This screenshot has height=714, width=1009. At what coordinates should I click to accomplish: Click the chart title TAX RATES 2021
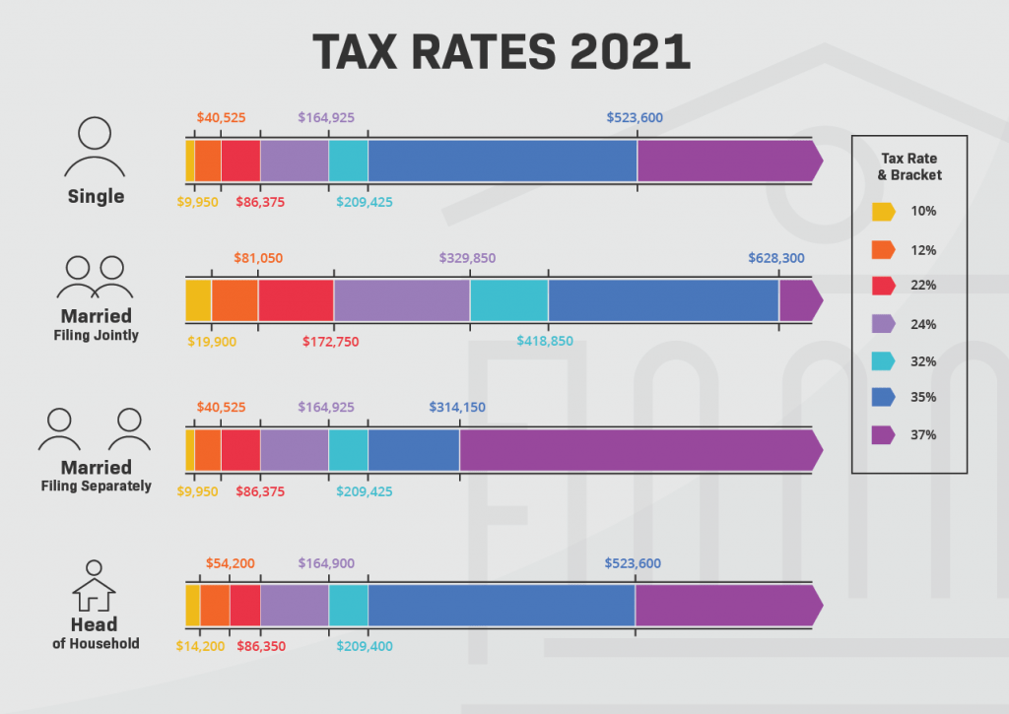502,52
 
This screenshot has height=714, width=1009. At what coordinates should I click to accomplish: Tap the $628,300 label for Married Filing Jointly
776,258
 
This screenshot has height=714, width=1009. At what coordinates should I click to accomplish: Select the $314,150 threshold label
457,407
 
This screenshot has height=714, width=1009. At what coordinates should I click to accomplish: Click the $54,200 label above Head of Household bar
231,563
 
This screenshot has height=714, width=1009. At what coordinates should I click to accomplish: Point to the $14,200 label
200,646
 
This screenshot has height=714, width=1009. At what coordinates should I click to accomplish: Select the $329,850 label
467,258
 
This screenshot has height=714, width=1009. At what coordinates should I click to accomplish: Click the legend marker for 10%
883,211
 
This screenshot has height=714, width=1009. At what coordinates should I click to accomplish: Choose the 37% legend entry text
923,434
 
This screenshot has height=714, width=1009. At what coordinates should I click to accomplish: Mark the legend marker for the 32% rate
883,360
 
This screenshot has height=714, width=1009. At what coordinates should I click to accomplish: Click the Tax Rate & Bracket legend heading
909,166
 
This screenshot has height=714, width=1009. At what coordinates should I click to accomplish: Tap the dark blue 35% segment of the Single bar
503,161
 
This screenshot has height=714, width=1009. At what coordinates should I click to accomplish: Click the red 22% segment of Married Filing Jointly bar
296,300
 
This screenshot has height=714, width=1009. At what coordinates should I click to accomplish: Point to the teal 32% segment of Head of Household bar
348,605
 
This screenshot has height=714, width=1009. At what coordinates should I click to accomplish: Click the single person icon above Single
96,148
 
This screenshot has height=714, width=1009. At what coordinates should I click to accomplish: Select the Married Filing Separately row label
96,476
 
